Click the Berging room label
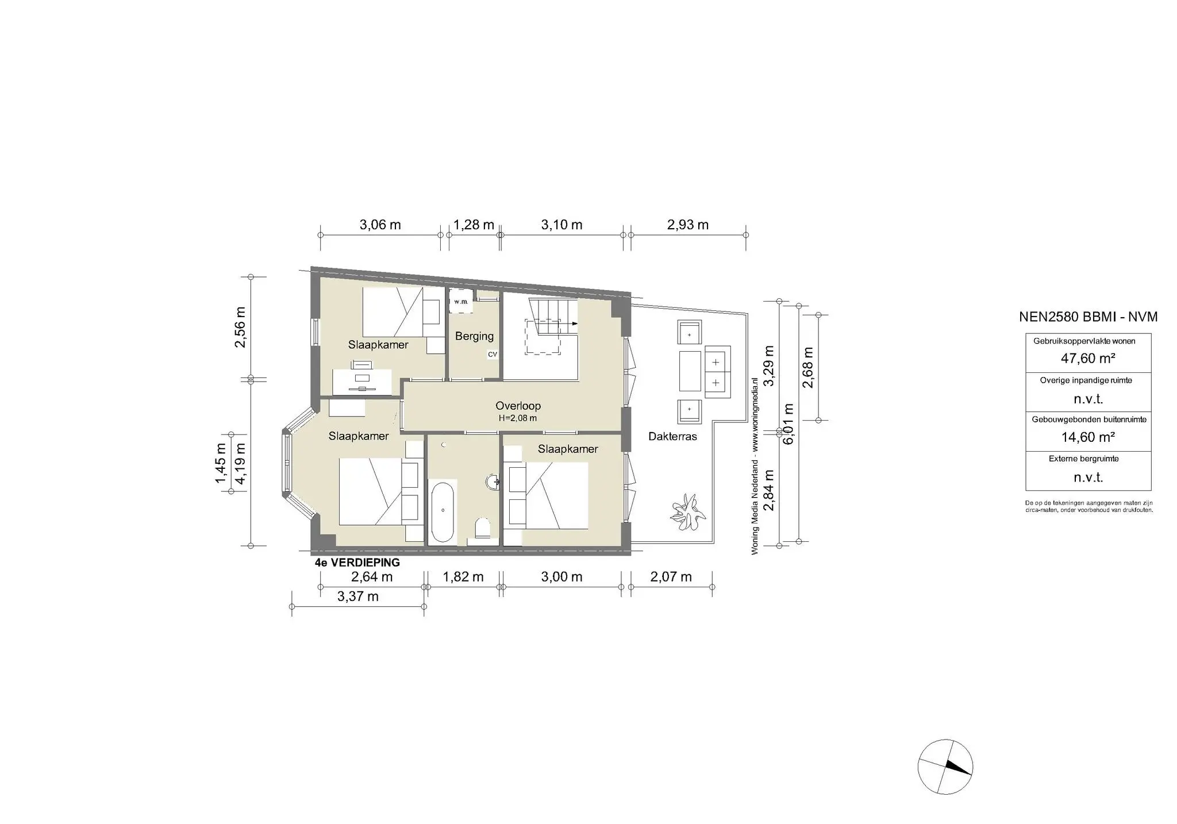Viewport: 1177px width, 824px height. (474, 336)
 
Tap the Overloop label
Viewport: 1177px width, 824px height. (518, 406)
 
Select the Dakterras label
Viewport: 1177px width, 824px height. (672, 437)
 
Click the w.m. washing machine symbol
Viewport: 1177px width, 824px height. (461, 302)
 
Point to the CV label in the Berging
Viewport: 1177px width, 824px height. (493, 355)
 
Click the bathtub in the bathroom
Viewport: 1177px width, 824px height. (443, 513)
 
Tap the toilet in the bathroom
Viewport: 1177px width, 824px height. (482, 527)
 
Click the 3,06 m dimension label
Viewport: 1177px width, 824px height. (380, 225)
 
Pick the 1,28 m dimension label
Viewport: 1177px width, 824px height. (474, 225)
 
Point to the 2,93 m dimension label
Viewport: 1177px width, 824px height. (688, 225)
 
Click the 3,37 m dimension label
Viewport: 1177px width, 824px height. (358, 596)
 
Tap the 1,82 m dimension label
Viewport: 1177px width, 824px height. (463, 577)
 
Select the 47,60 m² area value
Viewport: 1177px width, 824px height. (1088, 359)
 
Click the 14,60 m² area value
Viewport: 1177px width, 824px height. (1088, 437)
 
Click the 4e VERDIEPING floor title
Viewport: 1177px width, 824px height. (357, 563)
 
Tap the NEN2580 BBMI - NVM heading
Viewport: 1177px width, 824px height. (1088, 317)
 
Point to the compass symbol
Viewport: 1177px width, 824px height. (945, 767)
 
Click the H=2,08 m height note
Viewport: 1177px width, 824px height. (518, 418)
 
